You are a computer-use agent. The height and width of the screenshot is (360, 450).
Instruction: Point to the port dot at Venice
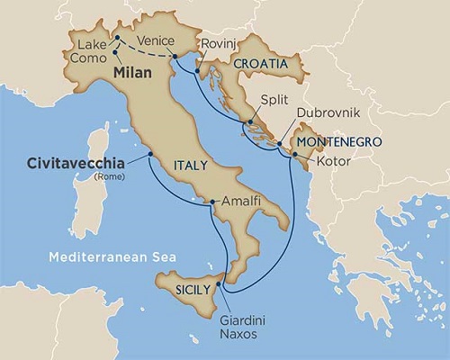(x=175, y=58)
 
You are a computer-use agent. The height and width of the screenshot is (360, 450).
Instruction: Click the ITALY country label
(x=191, y=165)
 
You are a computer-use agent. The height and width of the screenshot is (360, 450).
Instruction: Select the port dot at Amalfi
(x=211, y=203)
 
